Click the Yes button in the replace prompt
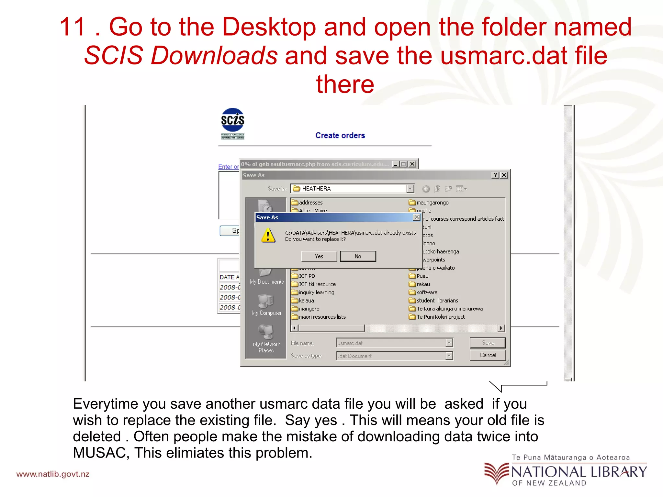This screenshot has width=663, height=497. [319, 256]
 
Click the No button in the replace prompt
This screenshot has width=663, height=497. [358, 256]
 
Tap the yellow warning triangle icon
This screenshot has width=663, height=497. [268, 235]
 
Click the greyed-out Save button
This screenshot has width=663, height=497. [488, 343]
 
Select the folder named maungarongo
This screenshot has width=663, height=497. [432, 203]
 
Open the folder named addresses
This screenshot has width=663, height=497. [310, 203]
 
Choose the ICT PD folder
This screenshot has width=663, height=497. [307, 276]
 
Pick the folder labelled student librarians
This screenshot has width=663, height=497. [437, 301]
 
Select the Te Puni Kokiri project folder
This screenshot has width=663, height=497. [440, 317]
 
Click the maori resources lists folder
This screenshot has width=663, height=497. [322, 317]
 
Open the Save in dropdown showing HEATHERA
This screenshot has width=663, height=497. [410, 189]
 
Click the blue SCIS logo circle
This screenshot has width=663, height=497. [232, 120]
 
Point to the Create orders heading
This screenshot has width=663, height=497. [340, 136]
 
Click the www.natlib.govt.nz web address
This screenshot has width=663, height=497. [53, 474]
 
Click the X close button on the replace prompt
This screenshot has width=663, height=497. [417, 217]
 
